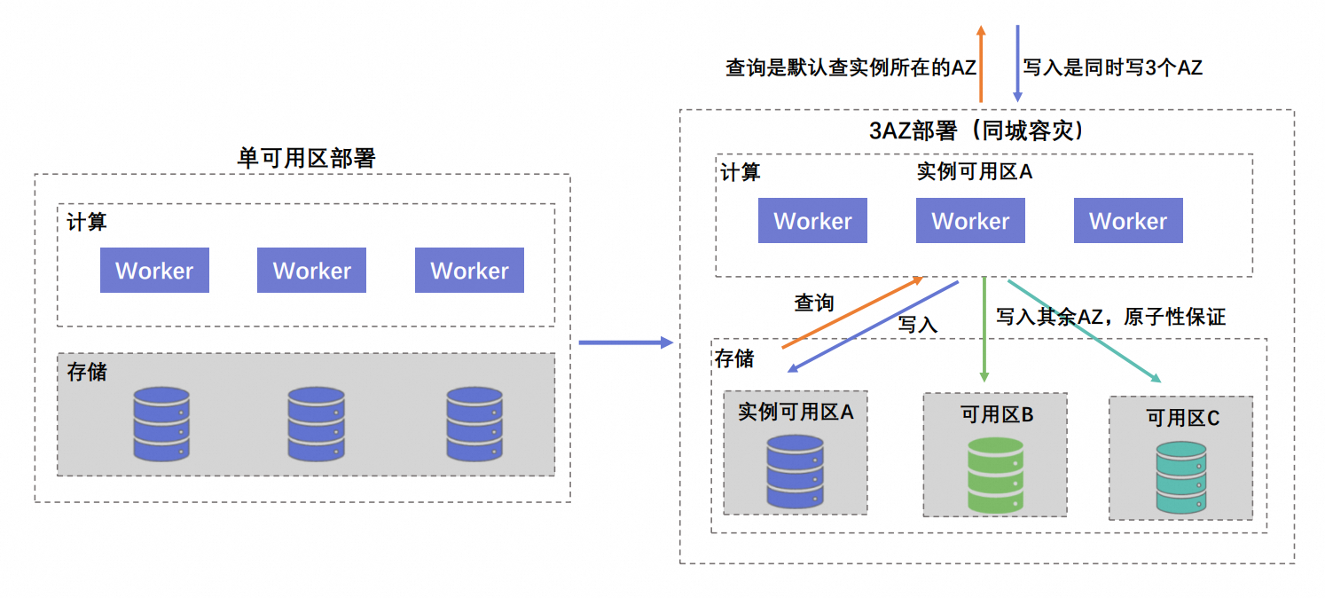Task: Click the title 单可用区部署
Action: [x=307, y=158]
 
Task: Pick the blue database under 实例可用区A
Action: [x=795, y=472]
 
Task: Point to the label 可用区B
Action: [x=997, y=414]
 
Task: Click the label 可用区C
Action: [x=1182, y=417]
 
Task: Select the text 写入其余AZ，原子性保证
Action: [x=1110, y=317]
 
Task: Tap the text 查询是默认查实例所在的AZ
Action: [x=851, y=67]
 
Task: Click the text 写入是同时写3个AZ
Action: [x=1113, y=67]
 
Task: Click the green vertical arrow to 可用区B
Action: [x=984, y=329]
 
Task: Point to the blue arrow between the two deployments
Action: [x=625, y=342]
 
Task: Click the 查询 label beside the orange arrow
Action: [x=813, y=303]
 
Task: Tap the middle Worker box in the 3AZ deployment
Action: [x=970, y=221]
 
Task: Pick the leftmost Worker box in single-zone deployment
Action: [x=154, y=271]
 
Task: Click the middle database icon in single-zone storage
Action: [x=316, y=423]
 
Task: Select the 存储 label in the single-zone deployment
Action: [x=87, y=371]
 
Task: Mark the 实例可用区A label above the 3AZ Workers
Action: [x=974, y=171]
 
